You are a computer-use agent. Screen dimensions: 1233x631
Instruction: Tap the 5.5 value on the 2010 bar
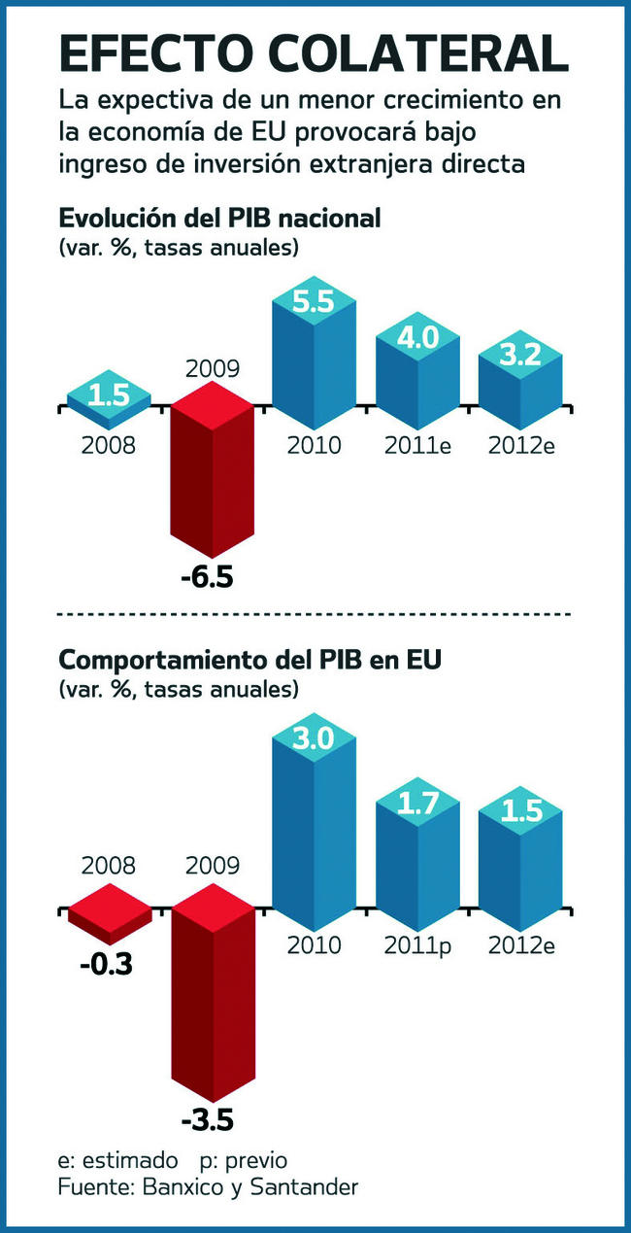pyautogui.click(x=313, y=302)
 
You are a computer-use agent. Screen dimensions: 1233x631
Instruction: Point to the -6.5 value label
pyautogui.click(x=207, y=578)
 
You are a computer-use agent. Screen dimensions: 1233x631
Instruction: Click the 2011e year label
pyautogui.click(x=417, y=446)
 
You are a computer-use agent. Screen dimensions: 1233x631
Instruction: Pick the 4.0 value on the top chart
pyautogui.click(x=417, y=337)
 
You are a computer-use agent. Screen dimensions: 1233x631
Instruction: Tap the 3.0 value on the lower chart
pyautogui.click(x=313, y=738)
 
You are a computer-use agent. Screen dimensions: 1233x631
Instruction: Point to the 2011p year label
pyautogui.click(x=417, y=943)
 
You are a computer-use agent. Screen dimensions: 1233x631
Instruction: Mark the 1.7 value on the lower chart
pyautogui.click(x=417, y=803)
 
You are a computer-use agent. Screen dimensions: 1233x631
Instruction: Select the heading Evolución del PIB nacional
pyautogui.click(x=219, y=218)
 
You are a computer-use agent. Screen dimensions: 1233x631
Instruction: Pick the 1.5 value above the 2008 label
pyautogui.click(x=108, y=395)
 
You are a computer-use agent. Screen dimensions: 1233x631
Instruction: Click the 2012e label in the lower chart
pyautogui.click(x=521, y=943)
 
